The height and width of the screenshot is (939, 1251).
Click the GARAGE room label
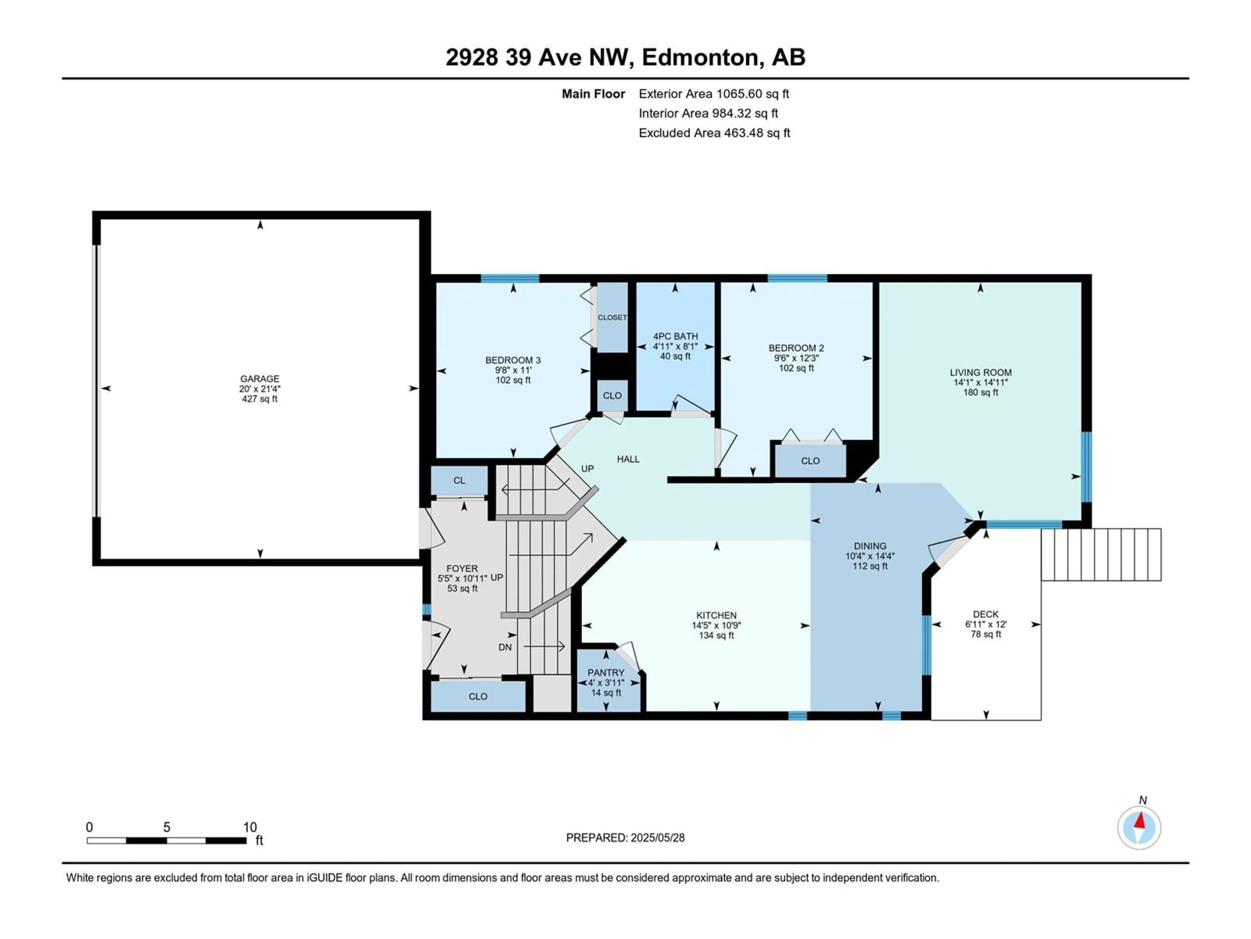[x=260, y=379]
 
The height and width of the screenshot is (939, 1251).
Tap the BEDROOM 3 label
[x=513, y=360]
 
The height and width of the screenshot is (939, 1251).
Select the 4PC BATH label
[x=675, y=336]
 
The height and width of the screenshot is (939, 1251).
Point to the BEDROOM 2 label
[x=796, y=348]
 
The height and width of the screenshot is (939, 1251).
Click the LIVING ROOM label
[x=981, y=372]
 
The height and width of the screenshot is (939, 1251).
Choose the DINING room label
[x=870, y=546]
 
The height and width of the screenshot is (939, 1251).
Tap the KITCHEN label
[x=716, y=615]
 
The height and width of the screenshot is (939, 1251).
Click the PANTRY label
[x=606, y=672]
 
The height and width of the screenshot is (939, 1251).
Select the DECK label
[x=986, y=614]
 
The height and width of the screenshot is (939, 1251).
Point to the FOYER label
[x=462, y=568]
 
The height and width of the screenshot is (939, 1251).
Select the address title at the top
[x=625, y=57]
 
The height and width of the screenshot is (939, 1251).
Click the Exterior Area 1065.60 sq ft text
[x=714, y=94]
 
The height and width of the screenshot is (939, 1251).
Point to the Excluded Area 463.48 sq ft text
[x=714, y=133]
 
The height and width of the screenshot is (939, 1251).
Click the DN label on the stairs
[x=505, y=647]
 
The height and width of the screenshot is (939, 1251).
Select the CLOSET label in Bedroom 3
[x=612, y=318]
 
